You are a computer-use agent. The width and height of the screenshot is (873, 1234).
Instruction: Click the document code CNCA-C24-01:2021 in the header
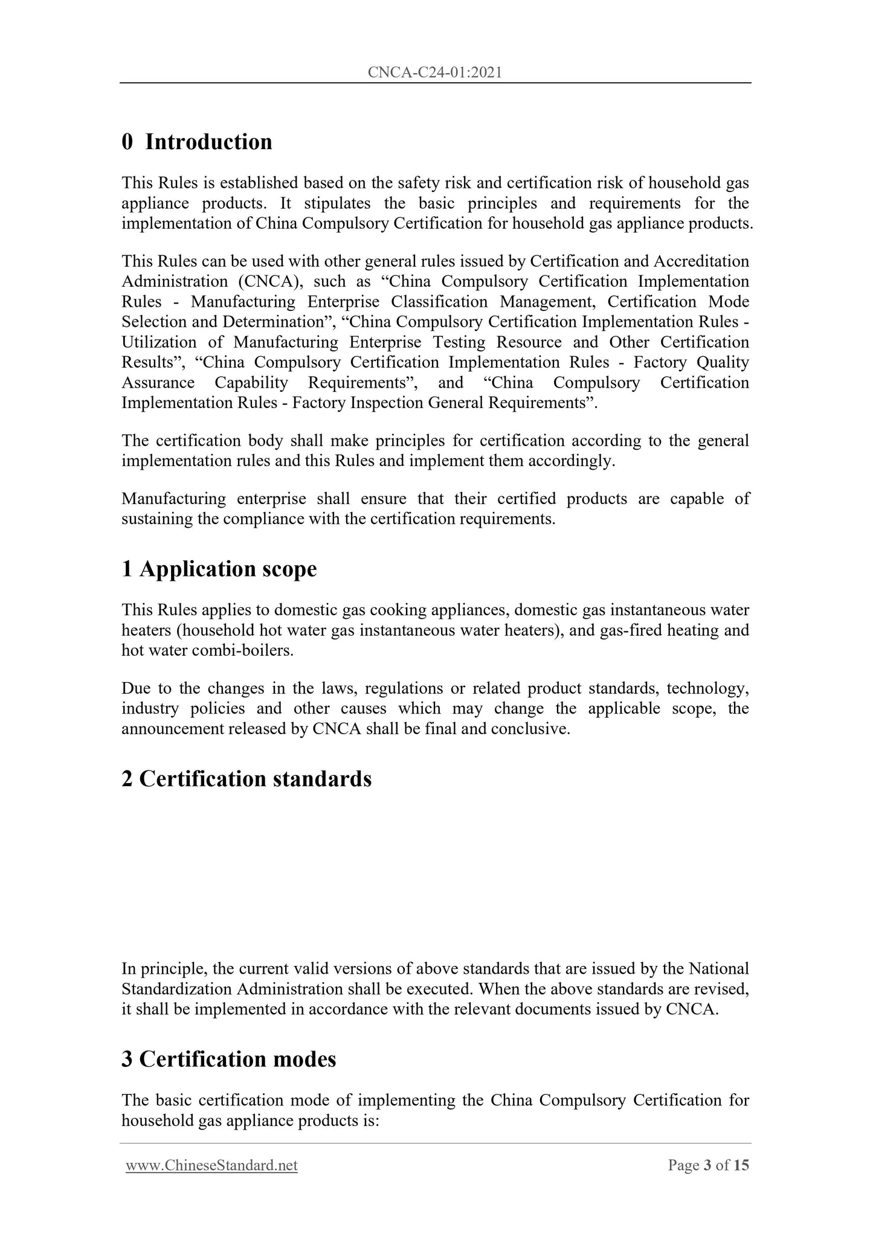[435, 73]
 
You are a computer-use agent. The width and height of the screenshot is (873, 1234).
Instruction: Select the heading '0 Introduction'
[197, 142]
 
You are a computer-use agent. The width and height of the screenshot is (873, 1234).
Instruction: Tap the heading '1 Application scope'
[219, 569]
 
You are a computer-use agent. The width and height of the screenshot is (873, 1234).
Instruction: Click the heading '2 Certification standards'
[246, 779]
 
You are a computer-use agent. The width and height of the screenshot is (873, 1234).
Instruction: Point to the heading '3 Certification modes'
[229, 1059]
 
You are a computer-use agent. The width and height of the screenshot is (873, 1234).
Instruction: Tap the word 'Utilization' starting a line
[159, 342]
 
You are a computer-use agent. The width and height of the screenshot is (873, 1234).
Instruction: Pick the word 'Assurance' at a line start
[158, 383]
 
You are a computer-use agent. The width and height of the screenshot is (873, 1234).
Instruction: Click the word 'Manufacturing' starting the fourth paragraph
[173, 499]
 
